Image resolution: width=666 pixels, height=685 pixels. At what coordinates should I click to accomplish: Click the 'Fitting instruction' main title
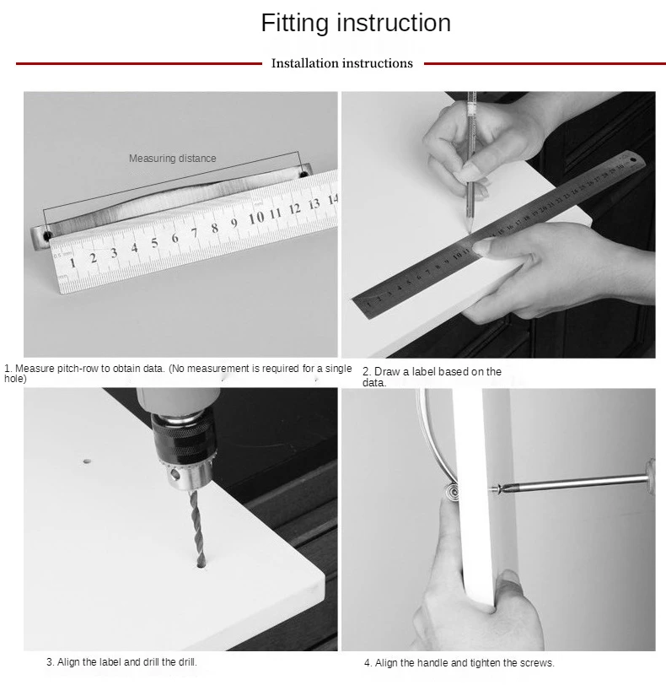(356, 23)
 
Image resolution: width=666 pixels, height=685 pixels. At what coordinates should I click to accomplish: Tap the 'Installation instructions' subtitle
(342, 63)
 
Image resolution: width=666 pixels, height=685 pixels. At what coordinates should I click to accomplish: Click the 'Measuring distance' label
(172, 158)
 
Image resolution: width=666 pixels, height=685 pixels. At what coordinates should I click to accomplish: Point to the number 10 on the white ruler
(256, 218)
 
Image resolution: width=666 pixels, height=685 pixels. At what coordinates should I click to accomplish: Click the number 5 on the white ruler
(154, 243)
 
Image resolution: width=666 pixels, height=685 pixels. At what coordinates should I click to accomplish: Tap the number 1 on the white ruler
(73, 262)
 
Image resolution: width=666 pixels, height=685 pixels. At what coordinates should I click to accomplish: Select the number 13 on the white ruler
(314, 204)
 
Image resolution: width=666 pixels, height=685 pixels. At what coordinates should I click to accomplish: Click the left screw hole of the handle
(47, 236)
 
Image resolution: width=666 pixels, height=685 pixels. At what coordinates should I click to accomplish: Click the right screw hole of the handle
(303, 175)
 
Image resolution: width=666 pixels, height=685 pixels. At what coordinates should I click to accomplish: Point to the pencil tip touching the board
(470, 230)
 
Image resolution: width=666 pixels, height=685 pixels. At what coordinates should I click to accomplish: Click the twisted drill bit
(198, 529)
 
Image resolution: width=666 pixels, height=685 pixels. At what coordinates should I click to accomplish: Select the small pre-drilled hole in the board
(87, 461)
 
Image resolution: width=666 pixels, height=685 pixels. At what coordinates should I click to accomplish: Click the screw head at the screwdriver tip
(497, 488)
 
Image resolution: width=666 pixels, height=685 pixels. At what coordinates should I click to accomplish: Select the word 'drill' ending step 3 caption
(188, 662)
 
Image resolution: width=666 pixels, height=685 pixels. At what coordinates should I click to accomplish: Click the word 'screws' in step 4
(540, 663)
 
